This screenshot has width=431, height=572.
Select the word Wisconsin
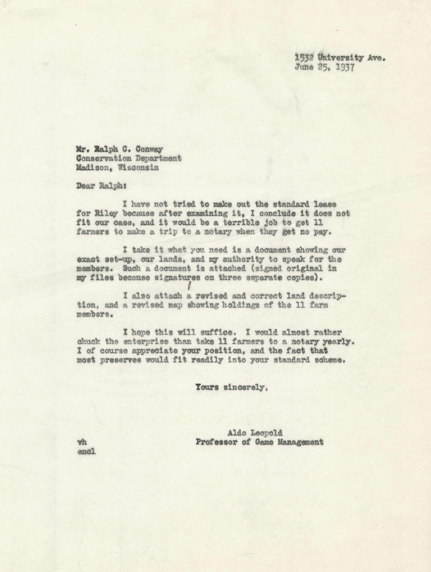[x=138, y=168]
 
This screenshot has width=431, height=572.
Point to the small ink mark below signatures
[x=189, y=286]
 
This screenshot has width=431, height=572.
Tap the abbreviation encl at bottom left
[x=86, y=452]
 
